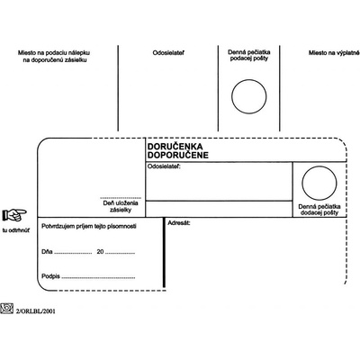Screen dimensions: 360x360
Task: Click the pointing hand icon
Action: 14,214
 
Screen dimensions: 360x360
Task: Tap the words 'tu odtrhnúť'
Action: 16,230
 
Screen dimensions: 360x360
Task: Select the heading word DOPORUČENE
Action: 178,155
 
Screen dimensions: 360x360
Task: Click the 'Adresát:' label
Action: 179,223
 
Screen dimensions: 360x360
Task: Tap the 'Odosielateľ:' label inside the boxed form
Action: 164,166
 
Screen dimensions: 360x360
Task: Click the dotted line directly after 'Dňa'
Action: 73,254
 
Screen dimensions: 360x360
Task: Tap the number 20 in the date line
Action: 100,251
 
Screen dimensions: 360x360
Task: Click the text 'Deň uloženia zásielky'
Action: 121,206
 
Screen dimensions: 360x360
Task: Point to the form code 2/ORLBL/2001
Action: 36,311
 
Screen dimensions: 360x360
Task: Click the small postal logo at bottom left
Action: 6,309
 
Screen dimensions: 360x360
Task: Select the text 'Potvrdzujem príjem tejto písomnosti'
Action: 89,226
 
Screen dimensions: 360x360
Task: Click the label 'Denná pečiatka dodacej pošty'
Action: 319,210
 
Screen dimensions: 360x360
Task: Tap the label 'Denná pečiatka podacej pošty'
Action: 249,56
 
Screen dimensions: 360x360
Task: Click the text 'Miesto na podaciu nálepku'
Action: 54,53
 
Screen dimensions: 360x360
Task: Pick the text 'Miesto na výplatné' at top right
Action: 334,53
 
